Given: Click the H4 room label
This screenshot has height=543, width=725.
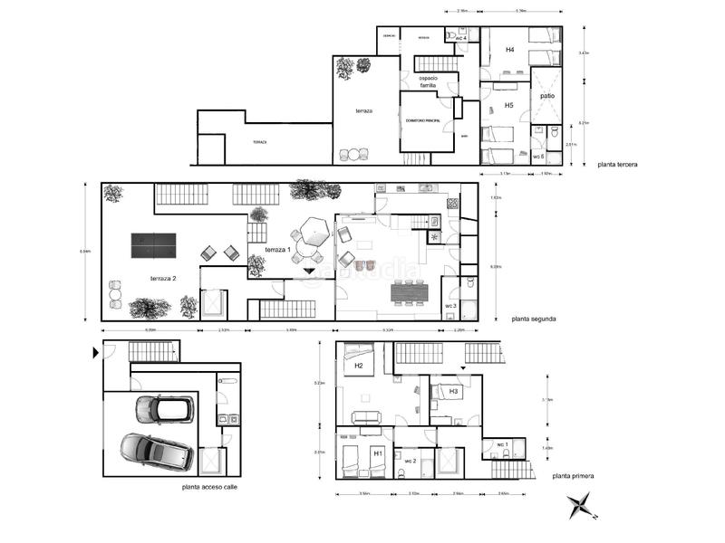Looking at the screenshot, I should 510,51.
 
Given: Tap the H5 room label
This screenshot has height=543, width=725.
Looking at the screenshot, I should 509,106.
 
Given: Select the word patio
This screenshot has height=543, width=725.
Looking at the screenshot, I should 547,95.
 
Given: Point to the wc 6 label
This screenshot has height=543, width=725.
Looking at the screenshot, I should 537,157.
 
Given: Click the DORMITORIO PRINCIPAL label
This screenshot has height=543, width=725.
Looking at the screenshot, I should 423,120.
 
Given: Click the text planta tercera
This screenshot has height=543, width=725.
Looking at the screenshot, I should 618,164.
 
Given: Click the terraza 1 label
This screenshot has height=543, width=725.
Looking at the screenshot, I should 276,249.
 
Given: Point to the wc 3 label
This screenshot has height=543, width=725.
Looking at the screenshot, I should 450,306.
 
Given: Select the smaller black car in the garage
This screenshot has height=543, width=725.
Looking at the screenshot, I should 164,409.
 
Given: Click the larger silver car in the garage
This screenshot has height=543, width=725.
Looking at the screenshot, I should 156,452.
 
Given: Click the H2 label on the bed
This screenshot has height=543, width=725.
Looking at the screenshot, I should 358,366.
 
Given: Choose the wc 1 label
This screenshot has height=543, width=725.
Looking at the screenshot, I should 502,443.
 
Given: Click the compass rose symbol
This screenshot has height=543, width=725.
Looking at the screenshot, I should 580,505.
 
